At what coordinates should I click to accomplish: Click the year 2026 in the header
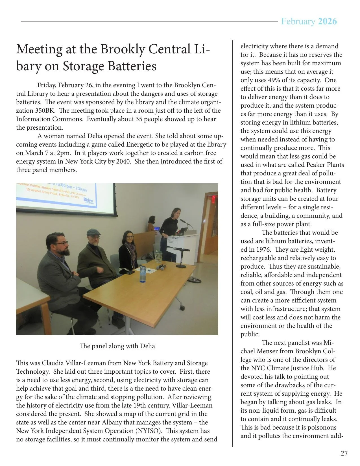point(327,21)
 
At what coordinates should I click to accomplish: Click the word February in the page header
point(298,21)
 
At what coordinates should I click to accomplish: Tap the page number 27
point(344,453)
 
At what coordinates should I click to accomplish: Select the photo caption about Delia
point(117,346)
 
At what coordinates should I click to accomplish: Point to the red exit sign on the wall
point(214,199)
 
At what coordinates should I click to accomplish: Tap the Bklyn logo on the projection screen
point(88,201)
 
